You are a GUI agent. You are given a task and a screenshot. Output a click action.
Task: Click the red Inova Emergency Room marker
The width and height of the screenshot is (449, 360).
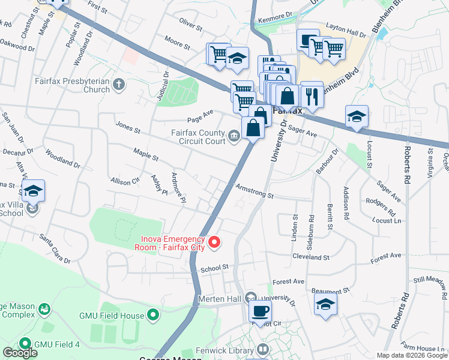tap(215, 242)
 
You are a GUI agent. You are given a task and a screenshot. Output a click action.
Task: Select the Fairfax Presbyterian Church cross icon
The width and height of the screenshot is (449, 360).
tap(119, 84)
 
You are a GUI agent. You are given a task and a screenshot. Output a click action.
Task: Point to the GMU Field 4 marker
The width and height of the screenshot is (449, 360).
tap(25, 344)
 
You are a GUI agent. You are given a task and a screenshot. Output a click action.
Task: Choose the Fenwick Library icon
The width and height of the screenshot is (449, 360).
tap(262, 349)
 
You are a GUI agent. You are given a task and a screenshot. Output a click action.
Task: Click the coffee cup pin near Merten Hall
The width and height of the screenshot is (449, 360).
tap(260, 311)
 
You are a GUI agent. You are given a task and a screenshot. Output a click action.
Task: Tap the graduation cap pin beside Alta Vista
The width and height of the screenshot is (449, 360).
tap(33, 191)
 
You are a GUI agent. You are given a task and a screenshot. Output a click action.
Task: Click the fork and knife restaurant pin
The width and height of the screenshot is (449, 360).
tap(311, 95)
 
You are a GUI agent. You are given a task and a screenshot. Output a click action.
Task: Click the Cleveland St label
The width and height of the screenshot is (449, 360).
tap(312, 257)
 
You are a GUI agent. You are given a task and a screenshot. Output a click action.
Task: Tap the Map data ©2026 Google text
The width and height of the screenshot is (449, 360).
tap(412, 355)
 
